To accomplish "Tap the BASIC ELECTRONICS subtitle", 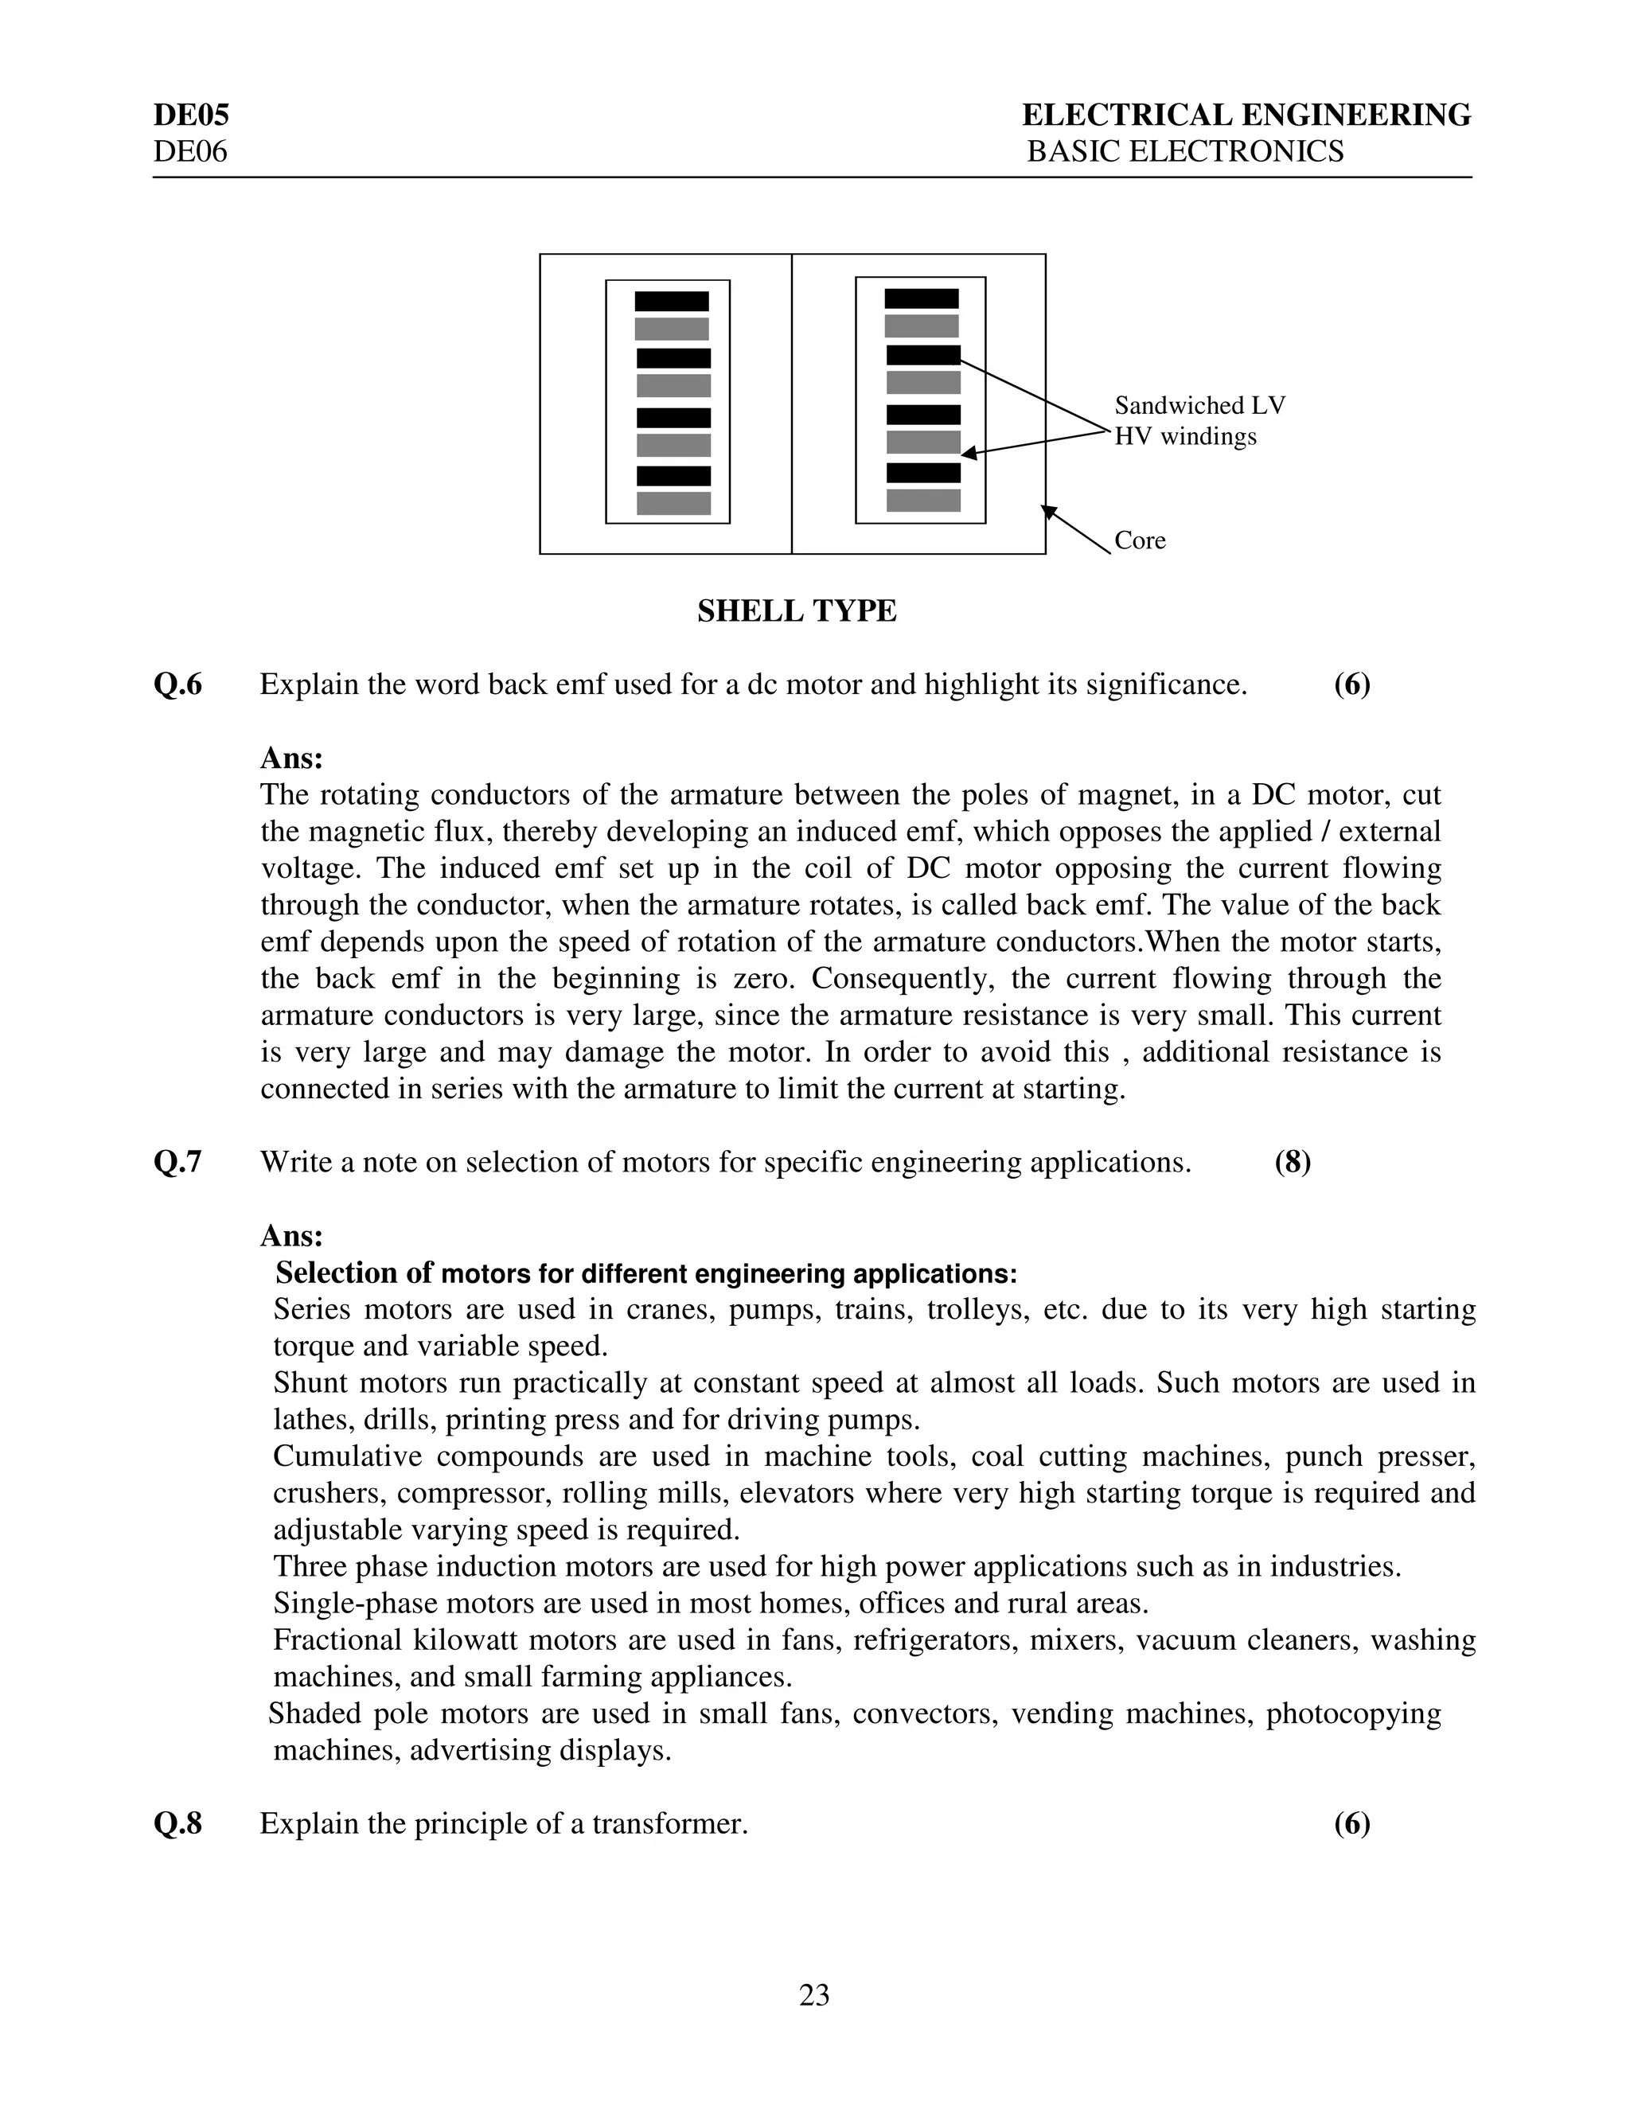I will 1185,151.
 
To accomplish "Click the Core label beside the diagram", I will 1140,540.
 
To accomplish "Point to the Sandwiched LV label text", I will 1199,406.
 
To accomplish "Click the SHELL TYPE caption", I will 797,611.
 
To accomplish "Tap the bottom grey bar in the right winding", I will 923,501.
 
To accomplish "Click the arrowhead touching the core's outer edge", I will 1050,511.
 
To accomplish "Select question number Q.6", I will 177,684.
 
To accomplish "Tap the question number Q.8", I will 177,1824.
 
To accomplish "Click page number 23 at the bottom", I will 814,1995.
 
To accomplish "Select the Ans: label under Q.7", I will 291,1236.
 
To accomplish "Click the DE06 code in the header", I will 190,151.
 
